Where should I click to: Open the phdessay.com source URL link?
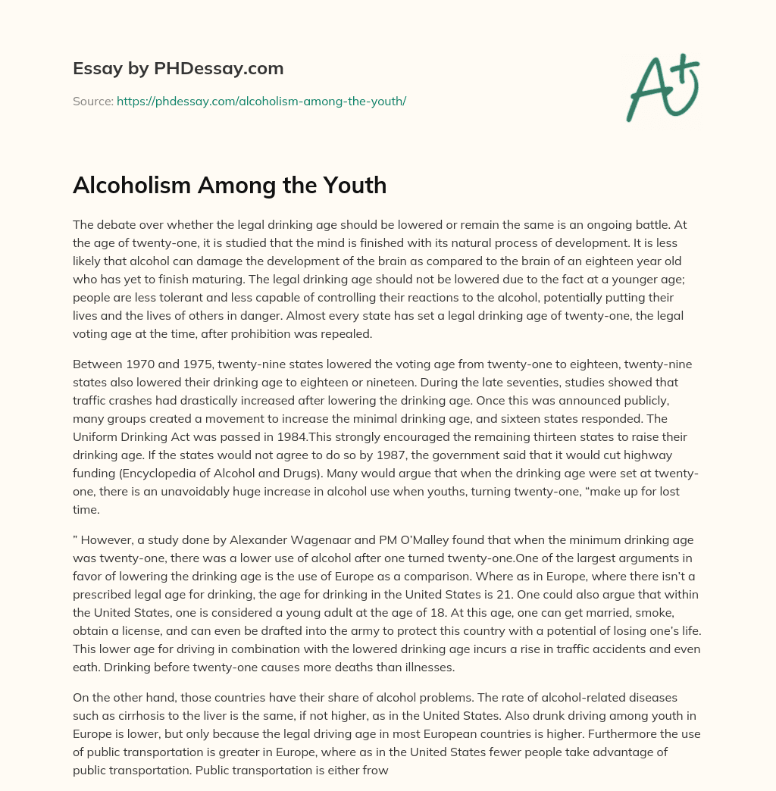point(261,101)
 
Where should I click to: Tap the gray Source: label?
point(92,101)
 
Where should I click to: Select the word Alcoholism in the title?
point(130,186)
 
